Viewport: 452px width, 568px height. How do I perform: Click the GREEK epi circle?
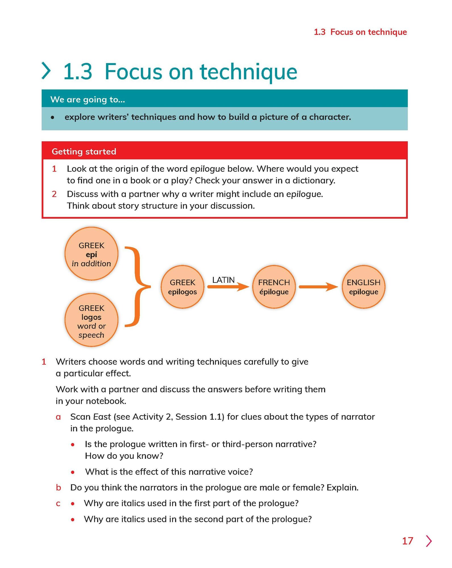point(91,254)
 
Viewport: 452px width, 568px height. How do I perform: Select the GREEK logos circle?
point(91,320)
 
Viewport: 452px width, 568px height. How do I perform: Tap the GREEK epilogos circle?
point(182,287)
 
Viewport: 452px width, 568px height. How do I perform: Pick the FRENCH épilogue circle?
point(274,287)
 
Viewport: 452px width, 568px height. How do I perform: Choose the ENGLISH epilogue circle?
point(363,287)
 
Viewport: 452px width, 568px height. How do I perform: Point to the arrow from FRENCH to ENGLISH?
point(318,287)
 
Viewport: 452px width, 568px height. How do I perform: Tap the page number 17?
point(407,541)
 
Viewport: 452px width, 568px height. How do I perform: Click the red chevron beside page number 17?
point(429,541)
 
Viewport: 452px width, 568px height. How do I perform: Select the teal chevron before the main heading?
point(46,71)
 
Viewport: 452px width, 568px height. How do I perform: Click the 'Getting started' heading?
point(84,151)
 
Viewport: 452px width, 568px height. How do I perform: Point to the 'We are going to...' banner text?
point(88,99)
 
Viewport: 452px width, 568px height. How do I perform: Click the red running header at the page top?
point(360,32)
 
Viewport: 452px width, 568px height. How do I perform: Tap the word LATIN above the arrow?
point(223,280)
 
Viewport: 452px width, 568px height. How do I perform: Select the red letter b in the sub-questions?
point(59,488)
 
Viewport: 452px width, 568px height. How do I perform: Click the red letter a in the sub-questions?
point(58,417)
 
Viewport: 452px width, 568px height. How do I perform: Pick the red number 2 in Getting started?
point(54,194)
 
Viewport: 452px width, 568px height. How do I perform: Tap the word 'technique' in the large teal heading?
point(249,72)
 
